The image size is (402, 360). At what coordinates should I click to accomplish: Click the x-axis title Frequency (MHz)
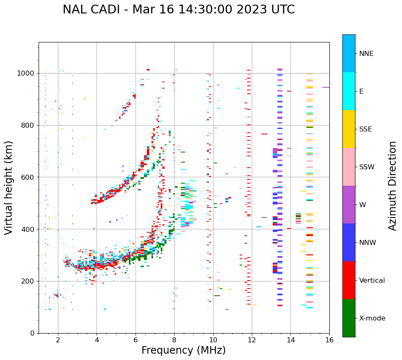pyautogui.click(x=183, y=350)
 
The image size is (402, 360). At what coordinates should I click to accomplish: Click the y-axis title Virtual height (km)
pyautogui.click(x=9, y=188)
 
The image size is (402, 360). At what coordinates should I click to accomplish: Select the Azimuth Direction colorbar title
pyautogui.click(x=392, y=186)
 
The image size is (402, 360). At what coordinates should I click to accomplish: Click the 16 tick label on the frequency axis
pyautogui.click(x=329, y=339)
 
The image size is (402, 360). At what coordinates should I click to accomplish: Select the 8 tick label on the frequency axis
pyautogui.click(x=174, y=339)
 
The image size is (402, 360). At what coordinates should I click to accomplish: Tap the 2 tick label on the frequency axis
pyautogui.click(x=58, y=339)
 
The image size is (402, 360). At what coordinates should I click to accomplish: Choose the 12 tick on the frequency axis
pyautogui.click(x=252, y=339)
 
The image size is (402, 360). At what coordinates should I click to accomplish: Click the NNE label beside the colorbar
pyautogui.click(x=366, y=54)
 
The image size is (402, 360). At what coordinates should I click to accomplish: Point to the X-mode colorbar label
pyautogui.click(x=372, y=318)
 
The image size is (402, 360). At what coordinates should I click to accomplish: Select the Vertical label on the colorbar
pyautogui.click(x=372, y=281)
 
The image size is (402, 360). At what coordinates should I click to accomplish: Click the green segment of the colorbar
pyautogui.click(x=349, y=318)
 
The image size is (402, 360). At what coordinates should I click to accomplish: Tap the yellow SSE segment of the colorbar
pyautogui.click(x=349, y=129)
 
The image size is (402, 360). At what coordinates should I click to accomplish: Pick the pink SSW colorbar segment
pyautogui.click(x=349, y=167)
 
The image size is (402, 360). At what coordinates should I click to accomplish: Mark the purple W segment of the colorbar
pyautogui.click(x=349, y=205)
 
